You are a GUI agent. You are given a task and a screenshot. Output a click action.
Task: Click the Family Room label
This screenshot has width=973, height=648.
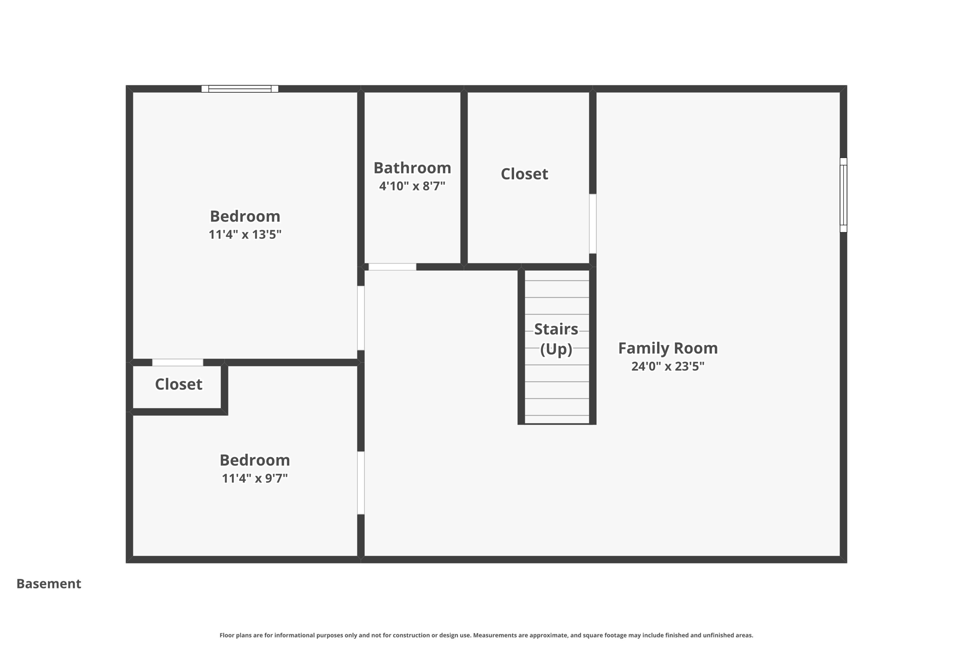coord(668,348)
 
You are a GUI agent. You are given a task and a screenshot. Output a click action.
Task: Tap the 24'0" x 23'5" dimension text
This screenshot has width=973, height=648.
coord(668,366)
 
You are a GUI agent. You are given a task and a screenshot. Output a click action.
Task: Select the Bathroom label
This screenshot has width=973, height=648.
coord(412,168)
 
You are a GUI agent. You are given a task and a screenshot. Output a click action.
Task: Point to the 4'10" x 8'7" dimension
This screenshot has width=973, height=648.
coord(412,186)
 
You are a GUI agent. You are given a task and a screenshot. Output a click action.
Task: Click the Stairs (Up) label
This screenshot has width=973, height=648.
coord(556,338)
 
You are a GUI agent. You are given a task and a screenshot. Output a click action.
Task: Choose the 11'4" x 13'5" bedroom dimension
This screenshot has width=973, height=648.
coord(245,235)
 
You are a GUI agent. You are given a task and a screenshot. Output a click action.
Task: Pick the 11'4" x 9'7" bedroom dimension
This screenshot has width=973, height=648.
coord(255,478)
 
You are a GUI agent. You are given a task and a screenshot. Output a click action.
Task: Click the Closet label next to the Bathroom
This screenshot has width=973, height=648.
coord(524,174)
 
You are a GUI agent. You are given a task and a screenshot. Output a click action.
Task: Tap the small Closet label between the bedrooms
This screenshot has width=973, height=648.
coord(178,384)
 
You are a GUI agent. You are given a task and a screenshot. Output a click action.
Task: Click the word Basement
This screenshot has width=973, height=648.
coord(48,583)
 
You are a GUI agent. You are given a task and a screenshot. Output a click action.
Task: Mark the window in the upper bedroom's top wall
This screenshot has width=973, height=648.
coord(239,89)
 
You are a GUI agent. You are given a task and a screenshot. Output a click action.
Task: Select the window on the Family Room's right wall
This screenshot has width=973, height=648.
coord(843,195)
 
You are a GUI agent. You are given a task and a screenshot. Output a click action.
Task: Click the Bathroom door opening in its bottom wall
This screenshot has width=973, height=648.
coord(392,267)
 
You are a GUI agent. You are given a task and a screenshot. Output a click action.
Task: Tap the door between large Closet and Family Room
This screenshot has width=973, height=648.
coord(592,224)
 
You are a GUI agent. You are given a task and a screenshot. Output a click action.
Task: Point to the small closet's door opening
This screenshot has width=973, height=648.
coord(177,363)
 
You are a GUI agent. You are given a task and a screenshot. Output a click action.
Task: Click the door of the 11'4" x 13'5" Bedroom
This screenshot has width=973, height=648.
coord(361,318)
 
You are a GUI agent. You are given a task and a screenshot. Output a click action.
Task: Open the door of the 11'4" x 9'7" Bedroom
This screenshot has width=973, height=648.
coord(361,482)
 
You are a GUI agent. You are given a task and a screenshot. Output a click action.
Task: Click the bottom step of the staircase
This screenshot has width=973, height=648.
coord(557,420)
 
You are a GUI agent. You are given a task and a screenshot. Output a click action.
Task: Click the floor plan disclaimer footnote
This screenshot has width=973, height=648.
coord(486,635)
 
